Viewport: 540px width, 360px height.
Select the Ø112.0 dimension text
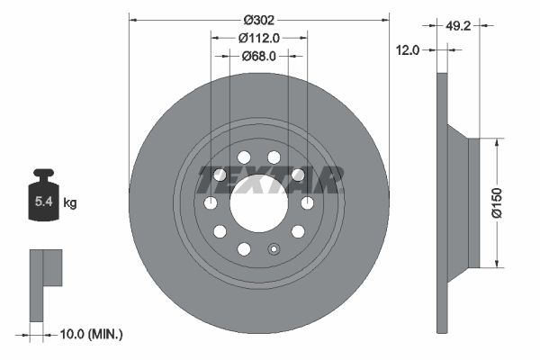click(x=259, y=37)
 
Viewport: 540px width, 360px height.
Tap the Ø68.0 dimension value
click(x=258, y=56)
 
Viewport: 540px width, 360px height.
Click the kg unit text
click(x=70, y=203)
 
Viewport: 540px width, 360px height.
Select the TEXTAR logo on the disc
click(x=271, y=180)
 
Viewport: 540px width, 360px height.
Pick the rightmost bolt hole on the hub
click(x=307, y=202)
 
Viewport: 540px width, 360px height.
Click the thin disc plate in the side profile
click(x=442, y=202)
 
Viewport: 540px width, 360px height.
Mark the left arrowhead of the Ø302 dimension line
click(x=133, y=16)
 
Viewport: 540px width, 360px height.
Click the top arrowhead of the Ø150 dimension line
click(x=496, y=142)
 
